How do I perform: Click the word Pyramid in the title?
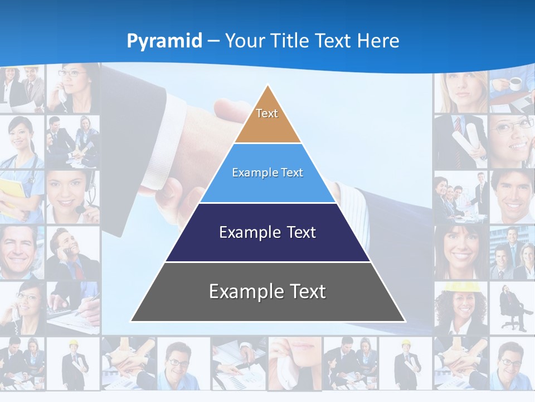point(164,41)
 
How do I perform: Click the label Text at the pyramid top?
point(267,113)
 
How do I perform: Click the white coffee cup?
point(515,84)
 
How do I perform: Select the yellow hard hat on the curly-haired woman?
point(454,287)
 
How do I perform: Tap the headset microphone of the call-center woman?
point(81,209)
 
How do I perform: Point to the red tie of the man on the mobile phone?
point(78,271)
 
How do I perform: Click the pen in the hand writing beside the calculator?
point(89,299)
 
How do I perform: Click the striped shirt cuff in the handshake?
point(348,198)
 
